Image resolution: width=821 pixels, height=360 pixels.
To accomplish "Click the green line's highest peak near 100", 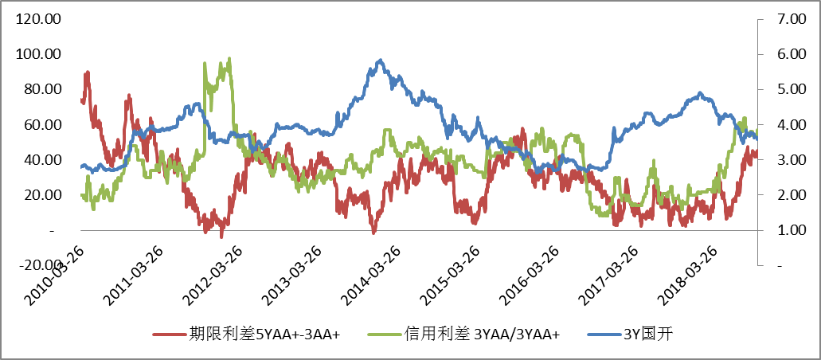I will click(229, 58).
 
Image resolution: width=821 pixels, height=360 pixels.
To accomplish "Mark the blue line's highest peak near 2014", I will click(381, 61).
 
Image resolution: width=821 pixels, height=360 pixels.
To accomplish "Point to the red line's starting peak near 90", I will click(87, 72).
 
